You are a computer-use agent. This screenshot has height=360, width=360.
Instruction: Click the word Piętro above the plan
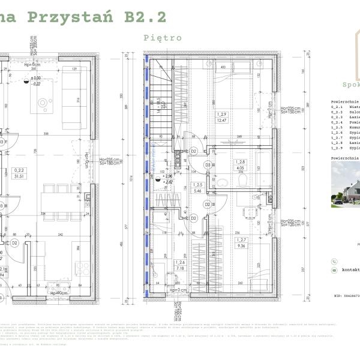click(x=163, y=37)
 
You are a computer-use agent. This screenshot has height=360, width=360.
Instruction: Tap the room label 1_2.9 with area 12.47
click(x=222, y=118)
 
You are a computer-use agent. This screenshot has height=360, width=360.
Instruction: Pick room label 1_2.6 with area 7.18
click(x=180, y=266)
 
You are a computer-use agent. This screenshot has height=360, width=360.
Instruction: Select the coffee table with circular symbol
click(x=44, y=103)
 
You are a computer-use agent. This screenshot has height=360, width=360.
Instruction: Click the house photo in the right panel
click(x=345, y=186)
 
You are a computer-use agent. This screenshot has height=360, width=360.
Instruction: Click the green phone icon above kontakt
click(x=334, y=262)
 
